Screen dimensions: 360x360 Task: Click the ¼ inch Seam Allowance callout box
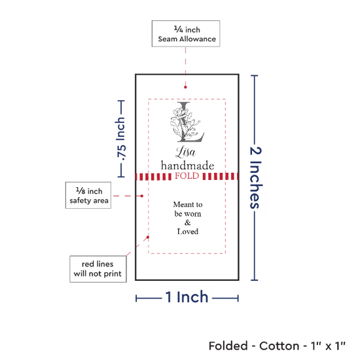click(x=186, y=34)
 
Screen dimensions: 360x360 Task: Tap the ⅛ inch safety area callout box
click(x=88, y=196)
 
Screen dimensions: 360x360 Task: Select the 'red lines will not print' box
click(x=98, y=269)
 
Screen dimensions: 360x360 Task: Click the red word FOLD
click(x=187, y=176)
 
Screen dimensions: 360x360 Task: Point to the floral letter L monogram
click(x=187, y=122)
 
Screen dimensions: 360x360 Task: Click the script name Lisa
click(x=186, y=152)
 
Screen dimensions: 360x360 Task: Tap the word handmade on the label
click(x=188, y=166)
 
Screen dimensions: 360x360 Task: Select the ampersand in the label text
click(x=188, y=223)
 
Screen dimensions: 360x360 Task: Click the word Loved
click(x=188, y=232)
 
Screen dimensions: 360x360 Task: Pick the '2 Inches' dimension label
click(x=255, y=178)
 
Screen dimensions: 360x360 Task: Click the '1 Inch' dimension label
click(x=187, y=297)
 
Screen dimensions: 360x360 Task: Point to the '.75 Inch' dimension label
click(x=121, y=139)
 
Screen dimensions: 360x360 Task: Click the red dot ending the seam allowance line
click(x=185, y=87)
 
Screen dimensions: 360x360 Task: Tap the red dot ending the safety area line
click(x=141, y=196)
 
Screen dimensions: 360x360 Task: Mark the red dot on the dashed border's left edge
click(x=148, y=237)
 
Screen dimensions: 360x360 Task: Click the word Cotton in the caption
click(x=279, y=346)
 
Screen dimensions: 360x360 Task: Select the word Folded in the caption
click(x=228, y=346)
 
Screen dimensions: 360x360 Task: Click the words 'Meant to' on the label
click(x=188, y=204)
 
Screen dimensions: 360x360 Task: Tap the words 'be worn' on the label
click(x=188, y=214)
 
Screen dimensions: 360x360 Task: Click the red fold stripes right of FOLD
click(x=220, y=176)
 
